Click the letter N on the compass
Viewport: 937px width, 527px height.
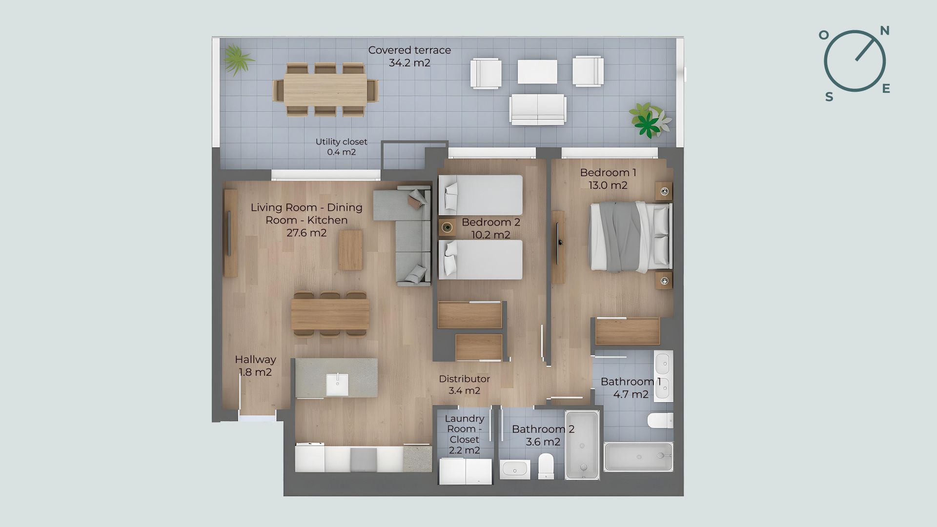tap(884, 31)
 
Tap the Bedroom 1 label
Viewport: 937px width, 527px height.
tap(608, 173)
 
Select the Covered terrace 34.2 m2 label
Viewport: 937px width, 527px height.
tap(409, 56)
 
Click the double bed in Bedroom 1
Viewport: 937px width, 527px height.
tap(631, 237)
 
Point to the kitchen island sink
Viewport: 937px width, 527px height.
tap(337, 385)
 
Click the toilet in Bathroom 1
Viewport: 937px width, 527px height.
tap(660, 421)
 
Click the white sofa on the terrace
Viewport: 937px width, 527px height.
tap(538, 108)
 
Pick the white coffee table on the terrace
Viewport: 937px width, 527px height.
tap(537, 72)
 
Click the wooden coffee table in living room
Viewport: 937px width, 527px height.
tap(351, 250)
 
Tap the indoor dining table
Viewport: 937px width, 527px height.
tap(330, 314)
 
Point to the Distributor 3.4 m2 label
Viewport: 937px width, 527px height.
tap(464, 385)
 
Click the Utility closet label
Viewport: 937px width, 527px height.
tap(341, 142)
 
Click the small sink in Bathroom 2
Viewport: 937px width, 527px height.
tap(515, 469)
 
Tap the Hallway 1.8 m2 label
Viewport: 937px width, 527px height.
tap(255, 365)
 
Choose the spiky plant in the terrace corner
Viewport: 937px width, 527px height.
tap(238, 60)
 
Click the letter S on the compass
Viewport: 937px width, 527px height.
tap(829, 97)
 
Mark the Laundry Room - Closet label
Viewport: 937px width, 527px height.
tap(465, 434)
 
